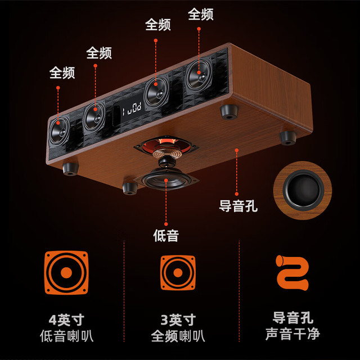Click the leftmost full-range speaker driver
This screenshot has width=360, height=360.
click(59, 130)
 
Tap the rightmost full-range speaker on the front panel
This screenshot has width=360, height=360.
click(199, 75)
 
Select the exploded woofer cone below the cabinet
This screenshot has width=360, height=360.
click(166, 179)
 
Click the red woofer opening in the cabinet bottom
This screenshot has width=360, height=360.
click(166, 147)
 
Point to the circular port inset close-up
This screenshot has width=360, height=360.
click(303, 190)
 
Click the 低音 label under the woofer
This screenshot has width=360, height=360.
click(166, 235)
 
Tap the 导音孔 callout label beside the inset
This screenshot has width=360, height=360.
click(238, 206)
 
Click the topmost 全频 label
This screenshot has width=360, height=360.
click(201, 14)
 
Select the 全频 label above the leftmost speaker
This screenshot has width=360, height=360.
click(62, 73)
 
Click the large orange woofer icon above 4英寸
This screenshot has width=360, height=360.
click(66, 272)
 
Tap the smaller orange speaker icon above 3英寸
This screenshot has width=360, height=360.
click(178, 272)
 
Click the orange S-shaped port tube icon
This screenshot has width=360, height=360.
click(292, 272)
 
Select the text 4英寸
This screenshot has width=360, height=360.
click(66, 320)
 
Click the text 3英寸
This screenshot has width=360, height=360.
click(178, 320)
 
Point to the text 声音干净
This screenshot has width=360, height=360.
click(292, 334)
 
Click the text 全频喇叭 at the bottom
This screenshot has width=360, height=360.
click(178, 336)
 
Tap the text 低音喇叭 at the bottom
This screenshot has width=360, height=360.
click(66, 336)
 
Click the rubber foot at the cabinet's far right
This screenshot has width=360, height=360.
click(288, 138)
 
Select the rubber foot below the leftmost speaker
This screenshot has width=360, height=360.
click(70, 169)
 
